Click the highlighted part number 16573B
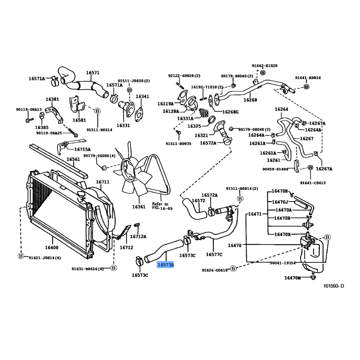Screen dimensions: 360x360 165,265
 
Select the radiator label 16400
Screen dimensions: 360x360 52,247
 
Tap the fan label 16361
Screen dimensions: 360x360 139,207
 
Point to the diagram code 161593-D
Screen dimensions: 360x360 333,286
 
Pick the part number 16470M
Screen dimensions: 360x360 292,278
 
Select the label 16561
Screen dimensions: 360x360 73,159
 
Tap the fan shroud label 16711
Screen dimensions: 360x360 103,182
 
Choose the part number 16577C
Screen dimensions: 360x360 214,254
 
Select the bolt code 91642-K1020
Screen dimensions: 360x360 264,66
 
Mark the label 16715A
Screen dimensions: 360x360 82,149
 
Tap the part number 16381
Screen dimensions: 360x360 52,99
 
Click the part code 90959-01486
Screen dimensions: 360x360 277,169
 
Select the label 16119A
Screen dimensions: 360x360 165,103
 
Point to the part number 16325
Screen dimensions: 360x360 194,126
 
